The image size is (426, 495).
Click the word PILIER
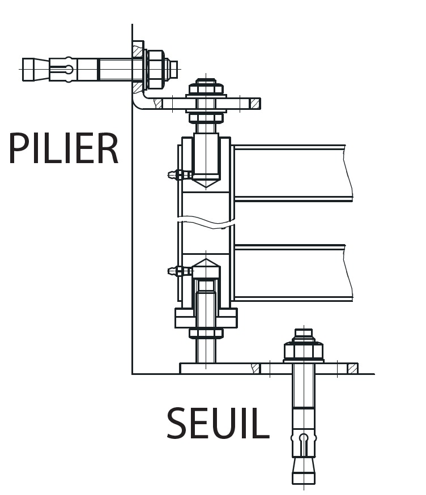tap(63, 149)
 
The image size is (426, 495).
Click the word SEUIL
tap(218, 424)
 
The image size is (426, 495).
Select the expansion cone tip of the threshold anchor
tap(304, 470)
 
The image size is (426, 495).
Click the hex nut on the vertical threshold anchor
tap(304, 352)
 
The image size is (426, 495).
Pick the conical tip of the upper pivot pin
tap(206, 182)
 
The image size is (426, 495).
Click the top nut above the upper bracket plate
tap(206, 89)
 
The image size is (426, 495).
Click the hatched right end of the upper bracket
tap(255, 104)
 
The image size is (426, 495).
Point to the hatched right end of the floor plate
tap(352, 369)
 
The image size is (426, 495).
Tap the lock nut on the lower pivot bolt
tap(206, 333)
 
